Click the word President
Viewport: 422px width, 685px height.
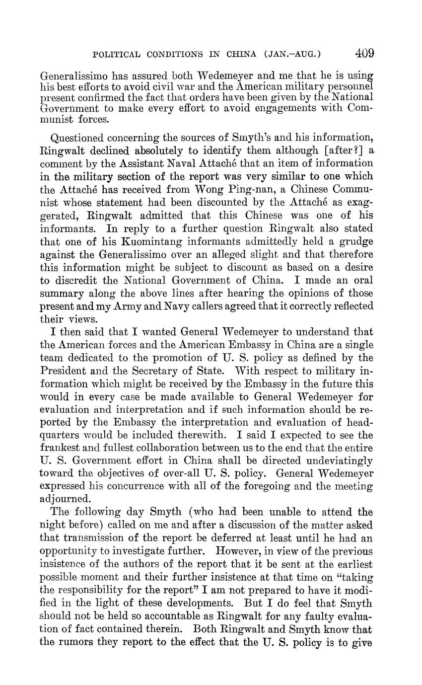[x=63, y=370]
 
